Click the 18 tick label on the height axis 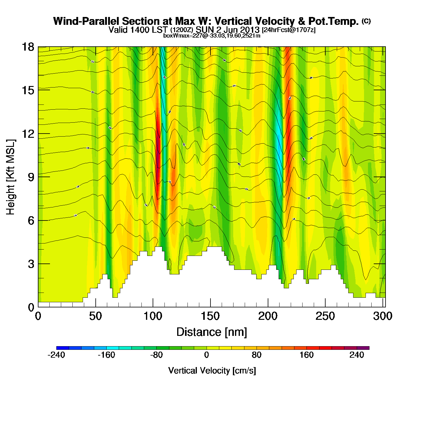28,47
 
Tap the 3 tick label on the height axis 31,264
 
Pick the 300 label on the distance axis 383,316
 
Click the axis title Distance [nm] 212,332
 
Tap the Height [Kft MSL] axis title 11,177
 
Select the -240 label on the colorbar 56,355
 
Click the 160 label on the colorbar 306,355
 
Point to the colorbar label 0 207,355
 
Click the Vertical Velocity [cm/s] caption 212,371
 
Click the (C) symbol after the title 366,21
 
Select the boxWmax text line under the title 212,36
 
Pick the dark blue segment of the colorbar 63,348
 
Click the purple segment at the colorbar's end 363,348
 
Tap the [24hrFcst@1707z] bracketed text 289,30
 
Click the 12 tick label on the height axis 28,134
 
